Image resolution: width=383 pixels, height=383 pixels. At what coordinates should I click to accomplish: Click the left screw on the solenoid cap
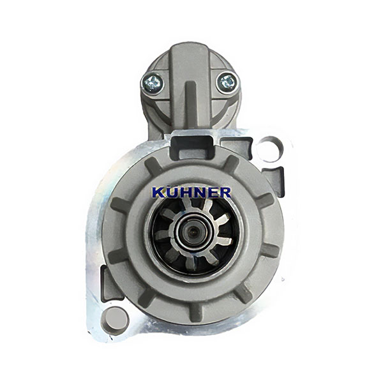(152, 82)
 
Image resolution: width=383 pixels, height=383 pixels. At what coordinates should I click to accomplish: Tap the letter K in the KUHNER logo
(158, 193)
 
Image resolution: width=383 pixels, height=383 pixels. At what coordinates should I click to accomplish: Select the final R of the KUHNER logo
(224, 193)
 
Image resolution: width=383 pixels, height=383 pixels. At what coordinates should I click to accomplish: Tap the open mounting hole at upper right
(271, 149)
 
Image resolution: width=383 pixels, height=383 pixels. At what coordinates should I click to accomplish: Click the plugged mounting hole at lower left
(116, 319)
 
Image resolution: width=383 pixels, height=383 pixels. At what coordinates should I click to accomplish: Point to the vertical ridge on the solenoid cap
(190, 103)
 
